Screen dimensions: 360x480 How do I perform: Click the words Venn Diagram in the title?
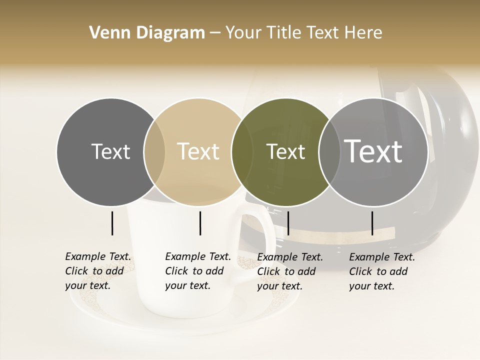(147, 33)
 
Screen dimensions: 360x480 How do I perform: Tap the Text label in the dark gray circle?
(110, 151)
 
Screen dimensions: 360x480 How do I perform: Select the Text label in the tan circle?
(198, 151)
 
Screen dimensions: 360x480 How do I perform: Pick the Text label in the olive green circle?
(285, 151)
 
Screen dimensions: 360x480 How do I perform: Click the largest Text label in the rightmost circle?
(373, 151)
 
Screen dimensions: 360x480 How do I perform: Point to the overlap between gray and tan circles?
(154, 152)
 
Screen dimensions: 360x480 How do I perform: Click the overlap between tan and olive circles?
(242, 152)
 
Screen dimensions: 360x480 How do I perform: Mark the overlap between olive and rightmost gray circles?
(329, 152)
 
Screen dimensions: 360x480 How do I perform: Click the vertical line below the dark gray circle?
(112, 223)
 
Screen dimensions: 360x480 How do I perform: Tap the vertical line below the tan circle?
(200, 223)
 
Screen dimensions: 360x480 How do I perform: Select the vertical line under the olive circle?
(288, 223)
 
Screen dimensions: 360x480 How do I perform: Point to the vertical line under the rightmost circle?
(372, 223)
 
